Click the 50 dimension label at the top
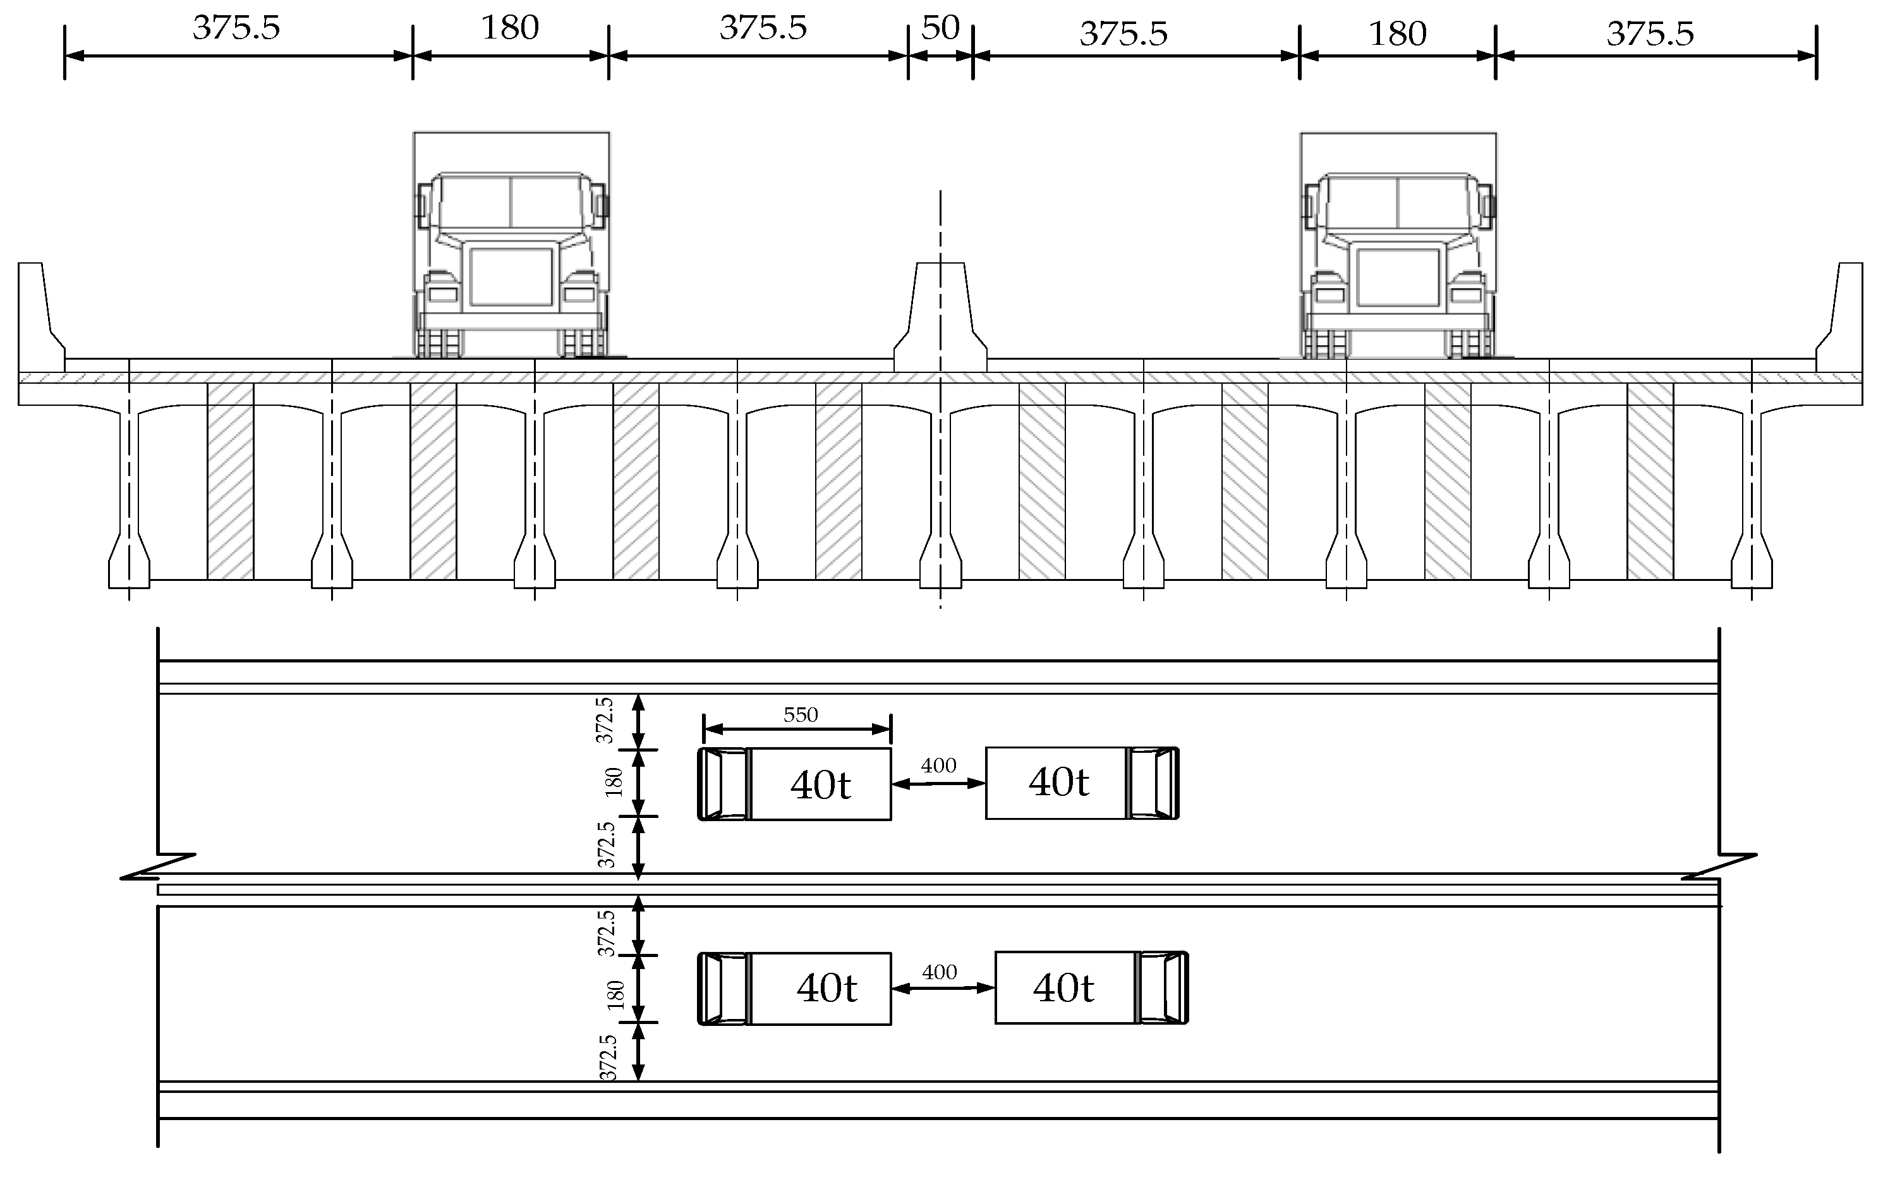coord(940,29)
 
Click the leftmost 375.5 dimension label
coord(236,29)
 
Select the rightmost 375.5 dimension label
coord(1650,34)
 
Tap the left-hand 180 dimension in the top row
coord(510,29)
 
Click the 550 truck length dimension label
coord(800,714)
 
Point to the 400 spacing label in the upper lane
coord(938,766)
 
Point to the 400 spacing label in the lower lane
coord(939,972)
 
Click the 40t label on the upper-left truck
coord(820,784)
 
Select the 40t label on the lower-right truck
coord(1063,989)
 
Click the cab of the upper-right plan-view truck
coord(1154,783)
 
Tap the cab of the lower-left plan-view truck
coord(723,989)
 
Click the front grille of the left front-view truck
coord(511,277)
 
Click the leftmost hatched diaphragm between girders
coord(230,483)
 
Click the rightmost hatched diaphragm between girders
coord(1650,483)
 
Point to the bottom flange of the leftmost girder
coord(129,572)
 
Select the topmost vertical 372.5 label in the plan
coord(605,721)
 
